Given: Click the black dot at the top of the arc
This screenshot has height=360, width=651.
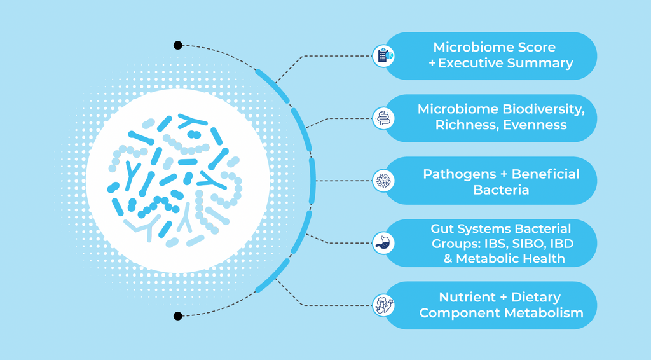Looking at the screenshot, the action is tap(178, 45).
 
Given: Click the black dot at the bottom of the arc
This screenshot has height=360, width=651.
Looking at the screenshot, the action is tap(178, 316).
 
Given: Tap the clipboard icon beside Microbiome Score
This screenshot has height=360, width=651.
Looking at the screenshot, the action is tap(383, 56).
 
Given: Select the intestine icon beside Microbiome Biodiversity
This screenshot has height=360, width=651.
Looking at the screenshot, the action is tap(383, 118).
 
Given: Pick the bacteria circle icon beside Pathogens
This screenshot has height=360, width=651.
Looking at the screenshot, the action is tap(383, 181).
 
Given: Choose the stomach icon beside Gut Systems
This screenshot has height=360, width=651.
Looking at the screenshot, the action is tap(383, 243).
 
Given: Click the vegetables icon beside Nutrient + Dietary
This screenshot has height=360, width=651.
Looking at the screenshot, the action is tap(383, 305).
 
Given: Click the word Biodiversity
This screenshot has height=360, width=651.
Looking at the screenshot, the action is tap(543, 109).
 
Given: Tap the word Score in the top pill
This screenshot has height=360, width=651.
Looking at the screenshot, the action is tap(537, 47).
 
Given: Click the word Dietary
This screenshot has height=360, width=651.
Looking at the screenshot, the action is tap(536, 298).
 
